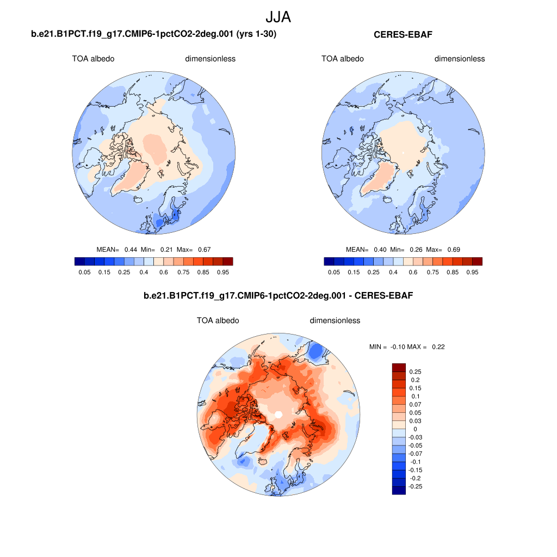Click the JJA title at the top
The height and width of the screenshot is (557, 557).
click(278, 17)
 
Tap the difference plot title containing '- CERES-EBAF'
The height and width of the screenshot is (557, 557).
click(278, 296)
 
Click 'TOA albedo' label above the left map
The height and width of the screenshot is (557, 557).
click(93, 59)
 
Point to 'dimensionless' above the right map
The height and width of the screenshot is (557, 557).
click(459, 59)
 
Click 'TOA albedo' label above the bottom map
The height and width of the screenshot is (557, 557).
click(218, 320)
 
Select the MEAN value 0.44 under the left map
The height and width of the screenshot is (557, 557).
click(131, 250)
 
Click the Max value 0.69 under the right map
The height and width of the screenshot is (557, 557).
click(453, 250)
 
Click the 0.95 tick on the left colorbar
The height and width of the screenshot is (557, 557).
click(224, 272)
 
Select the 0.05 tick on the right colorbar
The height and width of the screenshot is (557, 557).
click(334, 272)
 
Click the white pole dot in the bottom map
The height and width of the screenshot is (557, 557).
click(278, 414)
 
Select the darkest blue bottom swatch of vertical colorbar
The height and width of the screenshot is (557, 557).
click(399, 490)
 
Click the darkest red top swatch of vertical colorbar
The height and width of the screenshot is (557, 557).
click(399, 368)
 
